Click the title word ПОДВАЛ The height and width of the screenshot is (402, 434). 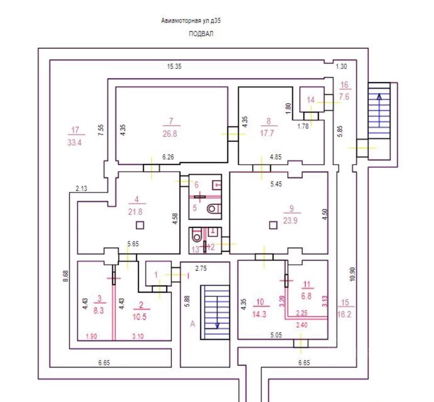point(201,34)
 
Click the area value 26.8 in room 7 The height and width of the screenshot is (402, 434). point(170,134)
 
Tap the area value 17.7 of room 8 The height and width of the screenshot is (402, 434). point(267,133)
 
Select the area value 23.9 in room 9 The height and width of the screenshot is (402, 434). point(290,221)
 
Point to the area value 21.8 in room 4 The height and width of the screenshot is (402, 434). point(135,212)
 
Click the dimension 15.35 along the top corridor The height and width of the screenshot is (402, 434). point(174,66)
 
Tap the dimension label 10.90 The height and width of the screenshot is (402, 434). point(352,274)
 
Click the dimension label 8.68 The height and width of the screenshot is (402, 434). point(66,275)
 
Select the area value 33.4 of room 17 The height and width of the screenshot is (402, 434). point(74,142)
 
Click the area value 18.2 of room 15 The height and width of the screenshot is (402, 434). point(344,314)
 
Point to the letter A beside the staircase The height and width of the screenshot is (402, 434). point(193,324)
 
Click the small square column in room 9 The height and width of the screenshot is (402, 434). point(273,225)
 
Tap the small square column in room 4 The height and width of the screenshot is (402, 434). point(140,225)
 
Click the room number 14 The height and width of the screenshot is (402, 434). point(311,100)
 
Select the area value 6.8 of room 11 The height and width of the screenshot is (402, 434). point(306,296)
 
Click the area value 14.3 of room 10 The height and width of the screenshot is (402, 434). point(259,314)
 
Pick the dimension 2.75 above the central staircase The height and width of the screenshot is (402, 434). point(201,268)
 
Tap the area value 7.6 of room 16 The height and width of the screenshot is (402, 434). point(344,97)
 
